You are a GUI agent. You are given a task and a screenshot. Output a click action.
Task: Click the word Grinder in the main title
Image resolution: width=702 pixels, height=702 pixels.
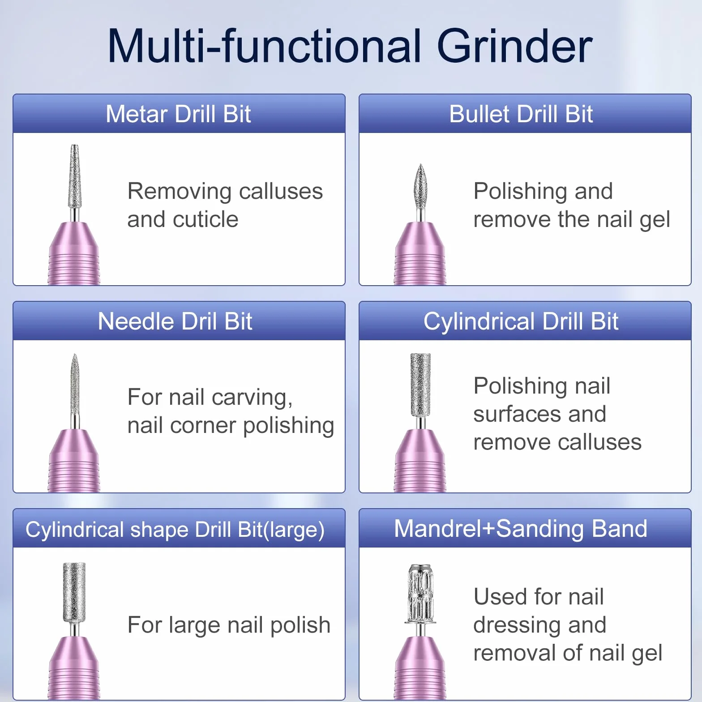click(514, 46)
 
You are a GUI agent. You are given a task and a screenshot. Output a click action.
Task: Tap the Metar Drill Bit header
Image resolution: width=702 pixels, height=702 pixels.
click(178, 114)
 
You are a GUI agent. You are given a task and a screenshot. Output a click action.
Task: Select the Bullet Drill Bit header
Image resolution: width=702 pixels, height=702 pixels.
click(521, 114)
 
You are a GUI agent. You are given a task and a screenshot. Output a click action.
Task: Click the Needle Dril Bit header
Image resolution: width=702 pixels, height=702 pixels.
click(175, 321)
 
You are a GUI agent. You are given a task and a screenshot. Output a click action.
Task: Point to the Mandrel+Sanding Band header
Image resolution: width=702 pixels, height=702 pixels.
click(521, 528)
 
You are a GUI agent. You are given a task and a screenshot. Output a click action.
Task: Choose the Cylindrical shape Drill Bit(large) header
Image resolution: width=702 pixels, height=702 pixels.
click(175, 530)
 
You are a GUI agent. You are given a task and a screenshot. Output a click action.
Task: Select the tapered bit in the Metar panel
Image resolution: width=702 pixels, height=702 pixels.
click(75, 176)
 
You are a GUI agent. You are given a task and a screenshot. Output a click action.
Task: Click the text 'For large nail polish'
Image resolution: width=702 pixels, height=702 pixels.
click(229, 625)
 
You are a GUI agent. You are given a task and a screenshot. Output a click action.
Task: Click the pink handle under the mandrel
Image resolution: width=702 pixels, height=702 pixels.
click(420, 667)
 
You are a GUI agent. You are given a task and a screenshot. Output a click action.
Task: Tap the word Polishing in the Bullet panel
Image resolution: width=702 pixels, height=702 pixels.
click(521, 192)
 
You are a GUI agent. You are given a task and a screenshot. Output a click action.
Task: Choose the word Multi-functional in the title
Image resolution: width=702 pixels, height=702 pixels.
click(265, 46)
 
